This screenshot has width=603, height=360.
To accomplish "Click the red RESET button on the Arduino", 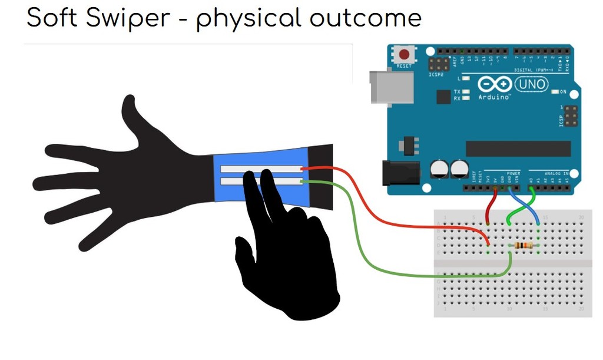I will [404, 55].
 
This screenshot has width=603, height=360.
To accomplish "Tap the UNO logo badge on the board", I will [531, 85].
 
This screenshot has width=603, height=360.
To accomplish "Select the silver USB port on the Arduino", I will [383, 87].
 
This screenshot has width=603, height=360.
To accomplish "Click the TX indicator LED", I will [466, 92].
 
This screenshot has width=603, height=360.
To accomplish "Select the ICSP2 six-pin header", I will [438, 64].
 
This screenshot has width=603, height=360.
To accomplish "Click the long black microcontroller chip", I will [518, 148].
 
